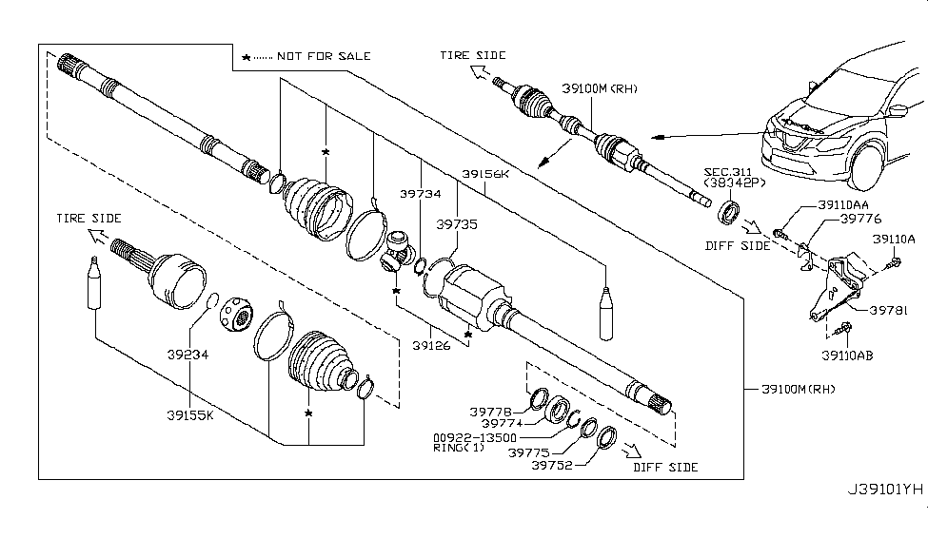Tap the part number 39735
[457, 225]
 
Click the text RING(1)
[458, 449]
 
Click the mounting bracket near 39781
[837, 285]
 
